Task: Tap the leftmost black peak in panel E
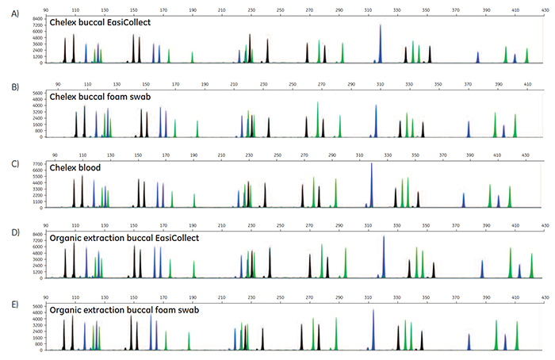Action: (x=64, y=325)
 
